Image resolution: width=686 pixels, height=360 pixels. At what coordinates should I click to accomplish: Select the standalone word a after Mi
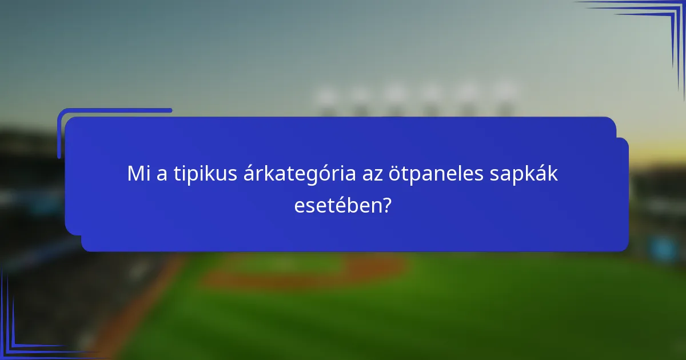162,175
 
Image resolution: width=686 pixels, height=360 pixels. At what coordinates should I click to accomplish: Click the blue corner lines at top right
657,23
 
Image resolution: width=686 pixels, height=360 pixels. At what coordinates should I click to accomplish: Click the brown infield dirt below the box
309,274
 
